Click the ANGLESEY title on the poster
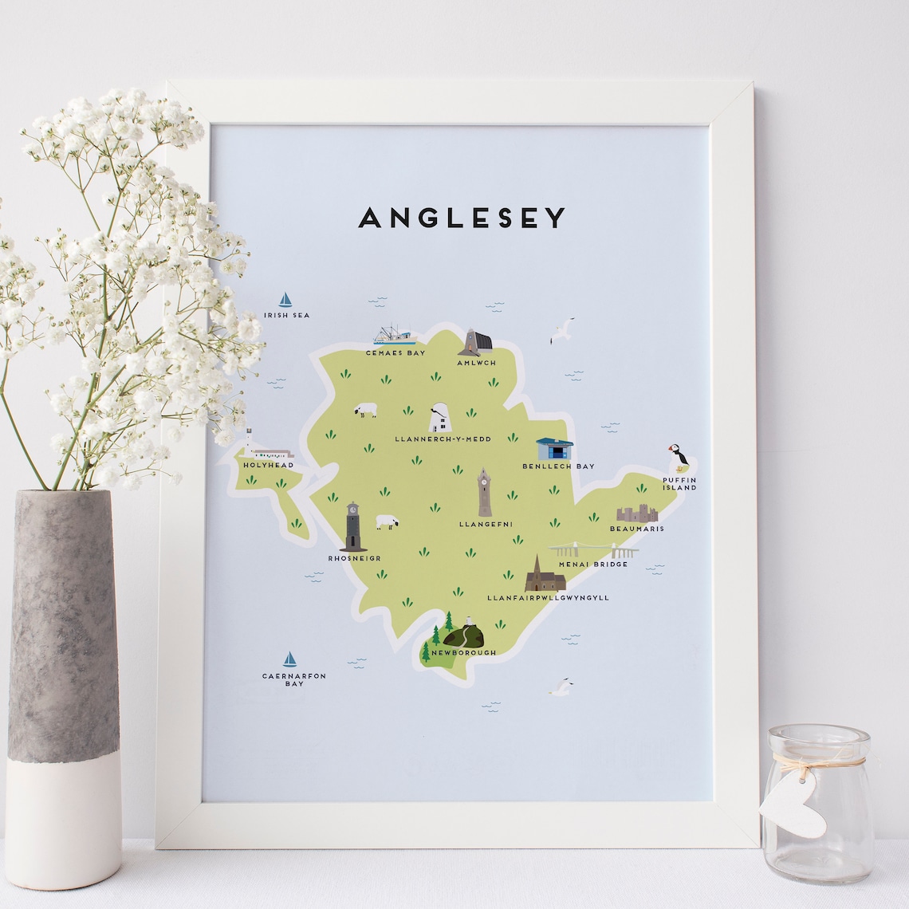click(462, 218)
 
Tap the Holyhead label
click(269, 465)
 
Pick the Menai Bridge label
click(593, 565)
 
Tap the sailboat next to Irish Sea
click(285, 300)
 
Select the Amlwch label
click(477, 363)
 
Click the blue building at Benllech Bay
click(555, 450)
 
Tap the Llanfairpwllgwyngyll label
click(548, 596)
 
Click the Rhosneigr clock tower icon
click(352, 527)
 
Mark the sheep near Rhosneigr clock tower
click(388, 521)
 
